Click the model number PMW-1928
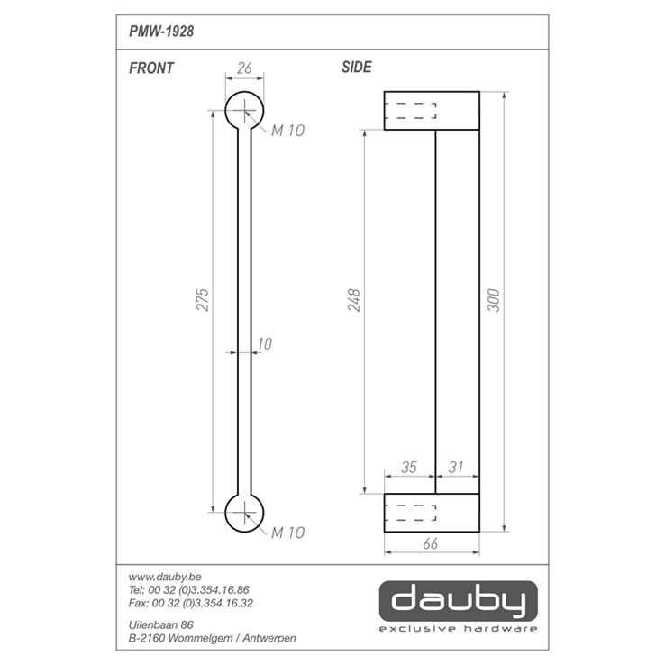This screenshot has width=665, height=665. (x=161, y=32)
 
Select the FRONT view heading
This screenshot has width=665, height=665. (x=151, y=68)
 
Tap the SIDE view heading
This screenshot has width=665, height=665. (x=357, y=67)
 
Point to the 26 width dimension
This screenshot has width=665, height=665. (x=245, y=68)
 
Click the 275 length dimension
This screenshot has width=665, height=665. (x=203, y=300)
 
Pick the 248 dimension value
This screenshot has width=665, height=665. (x=354, y=300)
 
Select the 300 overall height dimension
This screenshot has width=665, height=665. (x=494, y=300)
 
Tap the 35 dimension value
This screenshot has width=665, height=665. (x=409, y=467)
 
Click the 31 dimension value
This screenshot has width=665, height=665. (x=455, y=467)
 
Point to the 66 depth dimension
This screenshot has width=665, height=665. (x=431, y=543)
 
